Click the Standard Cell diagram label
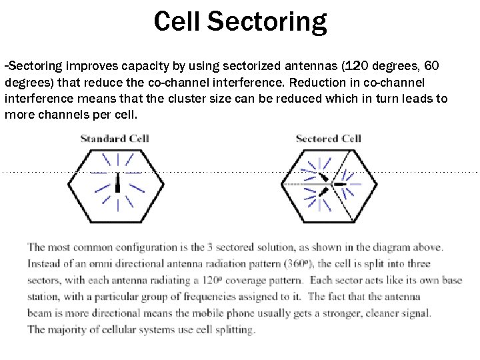point(115,139)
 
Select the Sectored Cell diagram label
point(328,139)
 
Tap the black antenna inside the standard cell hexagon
point(117,183)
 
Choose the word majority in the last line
point(70,329)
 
